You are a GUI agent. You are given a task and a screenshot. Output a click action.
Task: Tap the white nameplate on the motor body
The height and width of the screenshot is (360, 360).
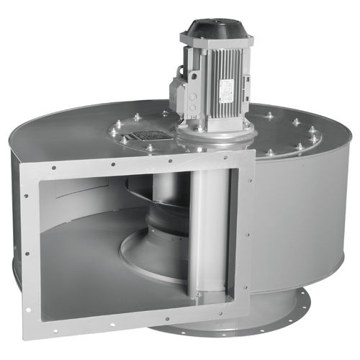pyautogui.click(x=224, y=86)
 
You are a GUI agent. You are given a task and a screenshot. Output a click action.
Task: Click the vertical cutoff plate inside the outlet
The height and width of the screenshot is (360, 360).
pyautogui.click(x=209, y=230)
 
